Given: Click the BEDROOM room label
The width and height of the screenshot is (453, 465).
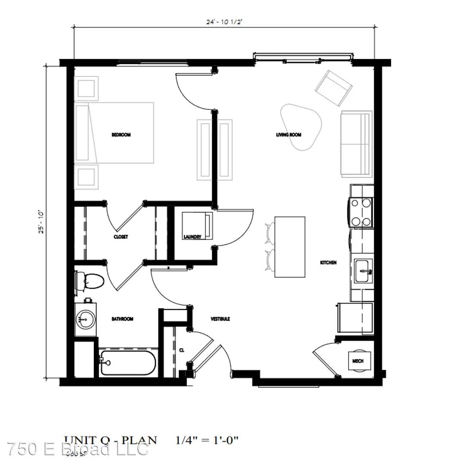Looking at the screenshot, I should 121,135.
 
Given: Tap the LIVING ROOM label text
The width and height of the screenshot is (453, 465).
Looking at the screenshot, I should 289,135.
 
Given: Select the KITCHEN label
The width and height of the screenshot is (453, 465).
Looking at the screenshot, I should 328,263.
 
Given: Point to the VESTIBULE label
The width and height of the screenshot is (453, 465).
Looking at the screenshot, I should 220,319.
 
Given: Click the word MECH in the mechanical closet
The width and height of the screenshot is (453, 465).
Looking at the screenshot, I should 358,361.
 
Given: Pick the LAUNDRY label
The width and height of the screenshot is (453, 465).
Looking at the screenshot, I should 192,237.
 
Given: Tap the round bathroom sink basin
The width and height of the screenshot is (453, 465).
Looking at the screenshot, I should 85,319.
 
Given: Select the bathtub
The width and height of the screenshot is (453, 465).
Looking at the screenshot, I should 127,363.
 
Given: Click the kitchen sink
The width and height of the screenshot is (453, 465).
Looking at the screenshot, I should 363,272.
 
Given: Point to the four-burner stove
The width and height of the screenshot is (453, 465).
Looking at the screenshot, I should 361,212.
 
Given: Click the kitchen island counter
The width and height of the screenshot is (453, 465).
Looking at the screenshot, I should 290,247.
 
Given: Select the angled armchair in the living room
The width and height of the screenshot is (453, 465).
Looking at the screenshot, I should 334,88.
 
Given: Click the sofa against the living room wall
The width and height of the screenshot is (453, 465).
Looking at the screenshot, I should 356,144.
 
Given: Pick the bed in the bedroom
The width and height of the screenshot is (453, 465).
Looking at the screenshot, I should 115,133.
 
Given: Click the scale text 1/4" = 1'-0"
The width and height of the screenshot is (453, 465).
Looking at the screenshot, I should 207,440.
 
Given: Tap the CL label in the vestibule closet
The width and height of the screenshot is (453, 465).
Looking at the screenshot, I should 182,350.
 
